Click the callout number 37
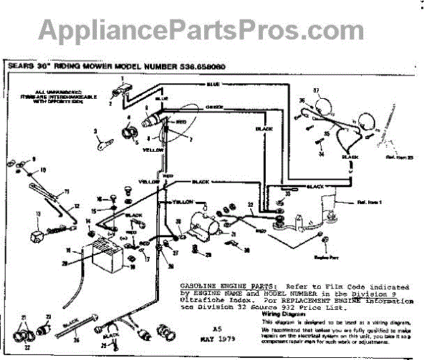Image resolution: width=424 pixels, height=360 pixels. pyautogui.click(x=317, y=91)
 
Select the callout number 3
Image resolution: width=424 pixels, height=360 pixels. pyautogui.click(x=93, y=131)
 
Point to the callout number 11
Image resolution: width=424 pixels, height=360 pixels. pyautogui.click(x=68, y=191)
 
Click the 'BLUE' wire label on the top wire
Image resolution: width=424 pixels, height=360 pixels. pyautogui.click(x=213, y=84)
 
